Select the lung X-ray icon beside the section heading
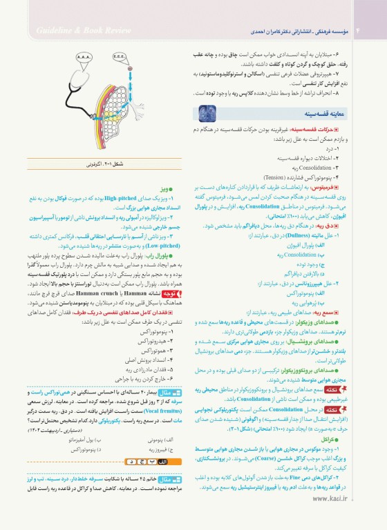(208, 111)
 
